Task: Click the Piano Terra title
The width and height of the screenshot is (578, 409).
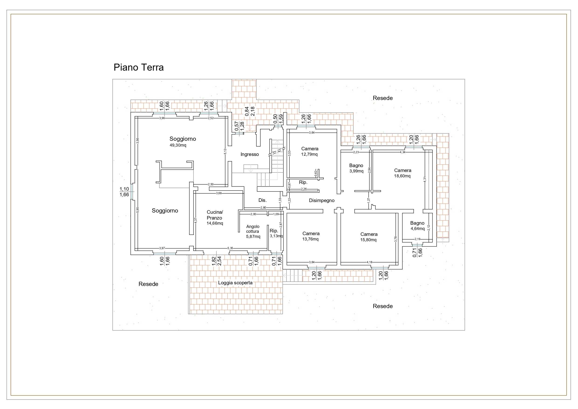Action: click(139, 68)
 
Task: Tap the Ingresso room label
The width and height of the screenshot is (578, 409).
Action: click(249, 155)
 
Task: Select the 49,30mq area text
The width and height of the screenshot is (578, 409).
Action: click(178, 145)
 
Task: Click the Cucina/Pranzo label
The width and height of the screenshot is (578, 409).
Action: click(215, 215)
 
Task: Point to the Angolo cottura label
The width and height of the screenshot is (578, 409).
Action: click(253, 229)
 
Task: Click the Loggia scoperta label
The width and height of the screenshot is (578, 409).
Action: click(235, 283)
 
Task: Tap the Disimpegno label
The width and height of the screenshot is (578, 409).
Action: click(322, 201)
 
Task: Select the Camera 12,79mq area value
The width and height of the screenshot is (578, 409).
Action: click(309, 154)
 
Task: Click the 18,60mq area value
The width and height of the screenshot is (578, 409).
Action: click(402, 176)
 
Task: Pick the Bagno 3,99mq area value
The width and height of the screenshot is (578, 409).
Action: click(356, 171)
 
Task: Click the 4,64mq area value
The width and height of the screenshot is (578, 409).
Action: click(417, 229)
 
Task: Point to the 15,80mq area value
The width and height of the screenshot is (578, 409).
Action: click(368, 240)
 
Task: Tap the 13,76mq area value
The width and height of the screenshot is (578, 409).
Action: click(310, 239)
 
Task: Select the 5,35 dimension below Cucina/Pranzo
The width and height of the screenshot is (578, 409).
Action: click(230, 248)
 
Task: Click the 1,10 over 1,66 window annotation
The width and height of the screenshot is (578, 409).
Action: click(124, 192)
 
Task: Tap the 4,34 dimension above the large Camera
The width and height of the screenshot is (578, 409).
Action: click(403, 152)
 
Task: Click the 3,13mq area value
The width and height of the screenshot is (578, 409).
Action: click(276, 236)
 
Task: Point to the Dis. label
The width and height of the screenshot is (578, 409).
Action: click(262, 200)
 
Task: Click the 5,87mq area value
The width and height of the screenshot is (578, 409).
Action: click(253, 237)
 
